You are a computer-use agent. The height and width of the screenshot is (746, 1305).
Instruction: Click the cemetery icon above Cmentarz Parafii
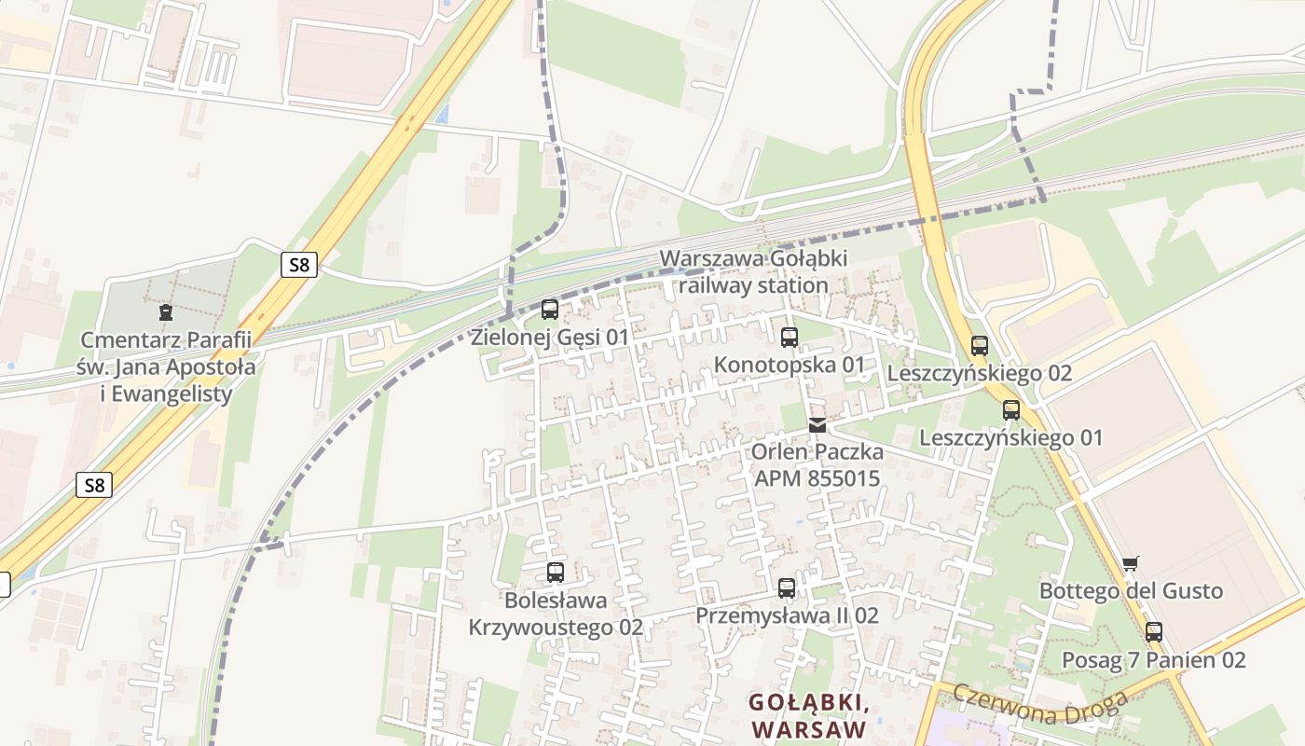(x=166, y=311)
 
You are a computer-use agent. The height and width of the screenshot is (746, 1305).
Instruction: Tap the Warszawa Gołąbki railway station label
(x=753, y=271)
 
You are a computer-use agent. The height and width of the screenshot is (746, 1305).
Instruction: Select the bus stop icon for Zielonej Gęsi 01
(x=550, y=309)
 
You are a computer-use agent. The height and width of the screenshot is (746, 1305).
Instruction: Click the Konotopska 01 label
(x=790, y=365)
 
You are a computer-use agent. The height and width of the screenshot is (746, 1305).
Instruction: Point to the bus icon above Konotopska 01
(x=790, y=337)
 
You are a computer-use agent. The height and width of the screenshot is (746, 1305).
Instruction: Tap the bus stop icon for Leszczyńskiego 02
(x=979, y=346)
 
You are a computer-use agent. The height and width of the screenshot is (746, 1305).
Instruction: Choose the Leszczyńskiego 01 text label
(x=1010, y=437)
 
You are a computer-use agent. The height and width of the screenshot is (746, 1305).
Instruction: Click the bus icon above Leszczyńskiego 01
(x=1011, y=409)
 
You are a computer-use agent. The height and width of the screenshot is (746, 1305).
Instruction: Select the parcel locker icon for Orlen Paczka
(x=817, y=425)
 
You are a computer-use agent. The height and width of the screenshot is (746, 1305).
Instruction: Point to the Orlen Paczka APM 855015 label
(x=817, y=465)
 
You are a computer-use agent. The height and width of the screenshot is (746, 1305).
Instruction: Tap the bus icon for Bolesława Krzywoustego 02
(x=556, y=573)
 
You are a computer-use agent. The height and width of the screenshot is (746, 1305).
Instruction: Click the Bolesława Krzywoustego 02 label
(x=556, y=614)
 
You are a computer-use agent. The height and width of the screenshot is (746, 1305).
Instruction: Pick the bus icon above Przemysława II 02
(x=787, y=588)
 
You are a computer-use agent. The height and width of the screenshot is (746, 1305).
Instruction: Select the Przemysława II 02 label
(x=787, y=615)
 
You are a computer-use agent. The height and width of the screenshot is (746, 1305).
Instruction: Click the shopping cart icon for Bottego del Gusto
(x=1131, y=563)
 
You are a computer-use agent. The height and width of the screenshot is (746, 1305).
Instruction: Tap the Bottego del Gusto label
(x=1131, y=591)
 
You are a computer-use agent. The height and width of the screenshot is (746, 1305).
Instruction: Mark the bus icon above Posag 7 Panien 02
(x=1154, y=632)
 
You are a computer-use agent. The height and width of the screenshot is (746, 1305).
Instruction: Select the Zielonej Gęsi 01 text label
(x=550, y=337)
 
